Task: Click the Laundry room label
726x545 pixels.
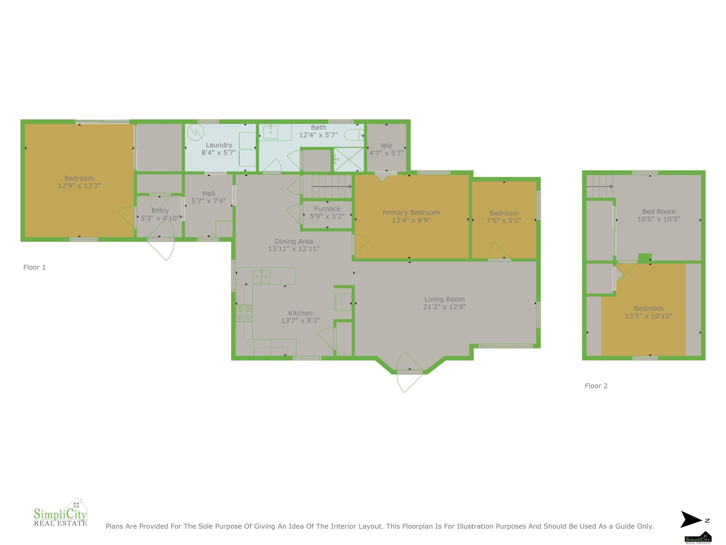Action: (x=219, y=145)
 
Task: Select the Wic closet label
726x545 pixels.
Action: (x=387, y=145)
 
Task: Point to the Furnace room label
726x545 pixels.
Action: (x=327, y=209)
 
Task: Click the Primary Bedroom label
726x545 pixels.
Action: (x=411, y=213)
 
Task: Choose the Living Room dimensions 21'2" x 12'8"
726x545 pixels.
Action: (x=445, y=307)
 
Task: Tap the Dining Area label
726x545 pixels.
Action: (x=294, y=241)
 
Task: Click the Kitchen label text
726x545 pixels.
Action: (x=300, y=313)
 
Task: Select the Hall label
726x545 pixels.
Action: (x=209, y=193)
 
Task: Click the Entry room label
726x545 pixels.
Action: (x=160, y=211)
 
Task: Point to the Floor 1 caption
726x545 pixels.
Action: (x=35, y=267)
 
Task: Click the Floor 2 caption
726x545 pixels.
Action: (x=596, y=386)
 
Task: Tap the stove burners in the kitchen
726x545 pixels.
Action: (x=244, y=313)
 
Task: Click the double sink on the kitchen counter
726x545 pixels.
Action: (x=262, y=277)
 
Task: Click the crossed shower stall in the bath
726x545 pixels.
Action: (x=349, y=160)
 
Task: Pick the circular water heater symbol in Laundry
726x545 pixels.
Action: (x=196, y=133)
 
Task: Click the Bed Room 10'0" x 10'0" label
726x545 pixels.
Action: (x=659, y=215)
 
